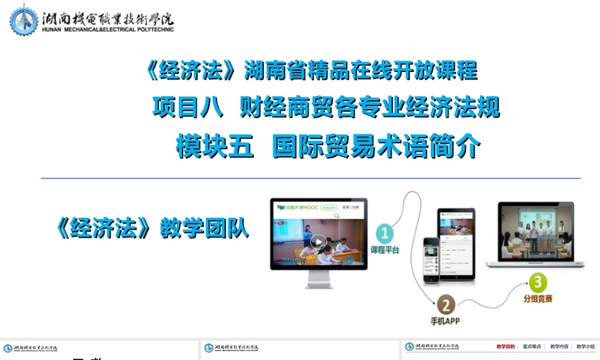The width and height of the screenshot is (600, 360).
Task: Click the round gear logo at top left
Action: pyautogui.click(x=23, y=20)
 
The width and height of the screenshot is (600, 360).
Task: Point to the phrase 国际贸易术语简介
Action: pyautogui.click(x=376, y=146)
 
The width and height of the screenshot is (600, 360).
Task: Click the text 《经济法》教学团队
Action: pyautogui.click(x=151, y=229)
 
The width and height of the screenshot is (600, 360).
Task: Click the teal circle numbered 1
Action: pyautogui.click(x=385, y=233)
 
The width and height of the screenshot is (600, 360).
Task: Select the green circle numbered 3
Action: pyautogui.click(x=537, y=281)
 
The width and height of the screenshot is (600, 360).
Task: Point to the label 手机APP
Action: pyautogui.click(x=445, y=321)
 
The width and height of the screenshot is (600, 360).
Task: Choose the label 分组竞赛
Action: pyautogui.click(x=537, y=298)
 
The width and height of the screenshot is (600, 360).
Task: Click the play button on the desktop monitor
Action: pyautogui.click(x=319, y=242)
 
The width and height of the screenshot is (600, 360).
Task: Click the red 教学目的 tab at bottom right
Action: pyautogui.click(x=505, y=346)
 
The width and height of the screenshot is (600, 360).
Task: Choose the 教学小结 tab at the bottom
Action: pyautogui.click(x=585, y=346)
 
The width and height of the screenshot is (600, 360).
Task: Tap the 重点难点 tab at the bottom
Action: pyautogui.click(x=532, y=346)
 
